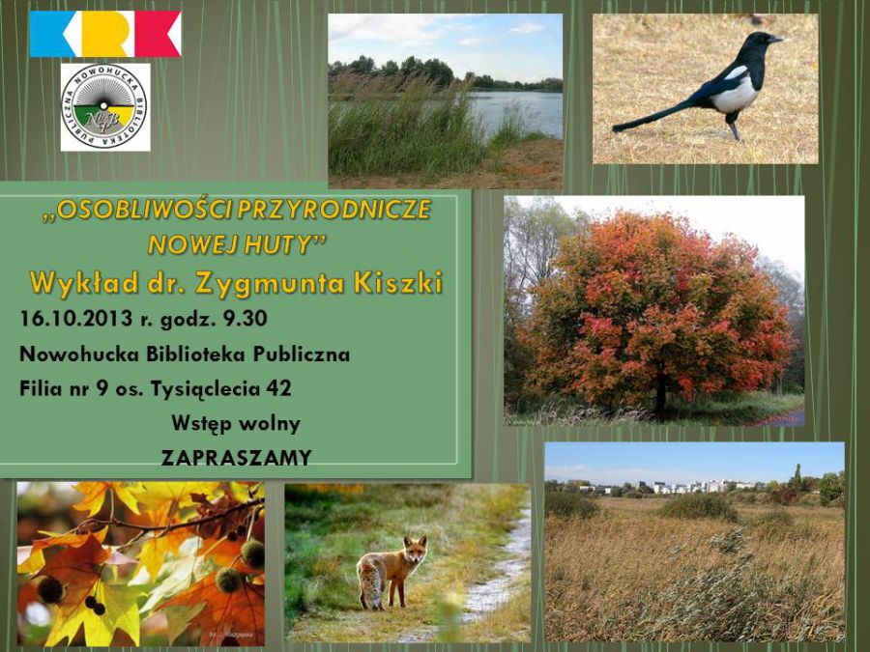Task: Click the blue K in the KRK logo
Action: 51,34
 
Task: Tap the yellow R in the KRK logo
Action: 105,34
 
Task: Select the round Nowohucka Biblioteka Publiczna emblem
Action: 104,107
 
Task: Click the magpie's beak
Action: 775,40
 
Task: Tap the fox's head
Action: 415,549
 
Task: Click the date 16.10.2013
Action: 75,319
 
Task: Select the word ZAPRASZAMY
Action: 237,458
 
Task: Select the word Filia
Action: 41,388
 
